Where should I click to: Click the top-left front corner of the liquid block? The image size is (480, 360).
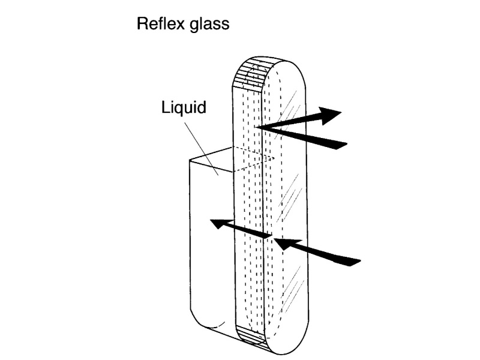(189, 160)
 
